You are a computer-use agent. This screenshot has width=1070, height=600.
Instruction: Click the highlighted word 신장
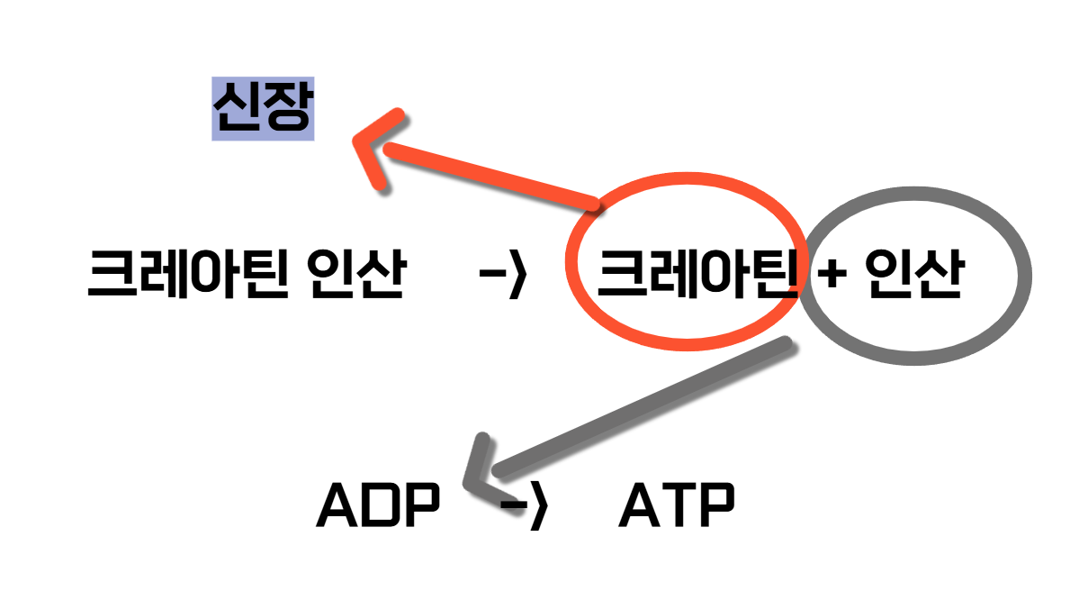pyautogui.click(x=262, y=109)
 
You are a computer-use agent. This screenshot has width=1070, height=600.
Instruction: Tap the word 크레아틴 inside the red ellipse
pyautogui.click(x=697, y=276)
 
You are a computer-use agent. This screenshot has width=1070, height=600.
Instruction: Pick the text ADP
pyautogui.click(x=378, y=507)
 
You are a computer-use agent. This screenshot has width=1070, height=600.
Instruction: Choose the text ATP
pyautogui.click(x=677, y=507)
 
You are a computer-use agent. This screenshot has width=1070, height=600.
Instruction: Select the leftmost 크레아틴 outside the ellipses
pyautogui.click(x=189, y=276)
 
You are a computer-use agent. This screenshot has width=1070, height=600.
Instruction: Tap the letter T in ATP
pyautogui.click(x=677, y=507)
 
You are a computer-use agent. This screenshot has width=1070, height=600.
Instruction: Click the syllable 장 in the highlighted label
pyautogui.click(x=287, y=109)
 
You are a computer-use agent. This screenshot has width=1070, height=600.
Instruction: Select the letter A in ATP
pyautogui.click(x=639, y=507)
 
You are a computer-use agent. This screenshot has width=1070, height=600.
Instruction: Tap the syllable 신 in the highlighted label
pyautogui.click(x=236, y=109)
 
